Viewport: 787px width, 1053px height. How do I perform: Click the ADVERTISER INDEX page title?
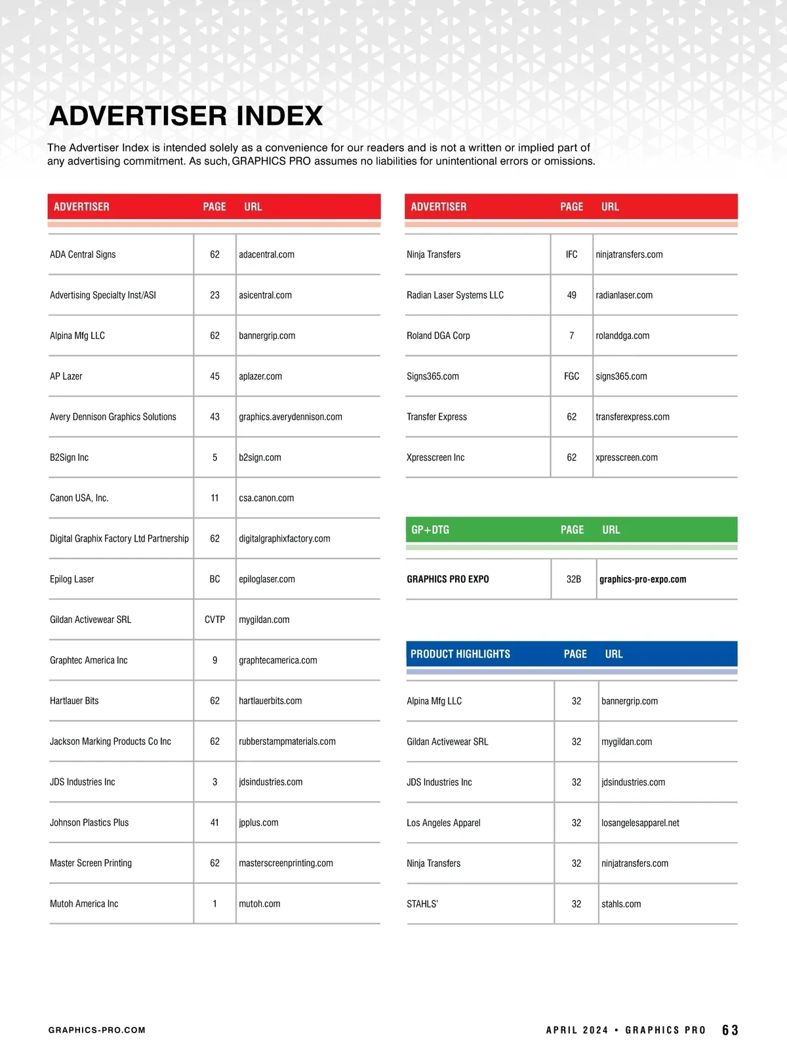point(186,116)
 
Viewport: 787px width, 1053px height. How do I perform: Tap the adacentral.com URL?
point(266,254)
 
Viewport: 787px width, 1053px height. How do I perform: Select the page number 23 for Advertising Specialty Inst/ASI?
point(214,295)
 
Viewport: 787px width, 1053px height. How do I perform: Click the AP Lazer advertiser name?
point(66,376)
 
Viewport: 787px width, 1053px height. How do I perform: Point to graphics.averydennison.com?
point(291,417)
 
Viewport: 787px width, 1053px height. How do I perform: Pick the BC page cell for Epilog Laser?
point(214,579)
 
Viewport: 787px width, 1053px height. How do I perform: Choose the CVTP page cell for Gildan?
point(214,620)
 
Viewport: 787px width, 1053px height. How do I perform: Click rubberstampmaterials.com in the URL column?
point(287,742)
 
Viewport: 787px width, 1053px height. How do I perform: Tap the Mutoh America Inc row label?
point(84,904)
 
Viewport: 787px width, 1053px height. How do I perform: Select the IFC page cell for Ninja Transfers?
point(572,254)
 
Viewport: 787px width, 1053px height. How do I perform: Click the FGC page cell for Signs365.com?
point(572,376)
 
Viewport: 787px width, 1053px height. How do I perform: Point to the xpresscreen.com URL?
point(626,458)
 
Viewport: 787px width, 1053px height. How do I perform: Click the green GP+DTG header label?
point(430,530)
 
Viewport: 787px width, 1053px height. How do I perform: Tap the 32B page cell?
point(574,579)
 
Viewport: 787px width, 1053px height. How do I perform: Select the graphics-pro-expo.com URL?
point(643,579)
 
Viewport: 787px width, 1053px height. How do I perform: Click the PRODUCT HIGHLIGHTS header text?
point(460,654)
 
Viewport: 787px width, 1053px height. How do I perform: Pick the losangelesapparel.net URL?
point(640,823)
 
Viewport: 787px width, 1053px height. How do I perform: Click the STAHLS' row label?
point(422,904)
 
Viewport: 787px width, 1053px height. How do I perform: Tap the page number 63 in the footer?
point(730,1030)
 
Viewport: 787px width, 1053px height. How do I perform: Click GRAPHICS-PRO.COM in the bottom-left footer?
point(97,1030)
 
